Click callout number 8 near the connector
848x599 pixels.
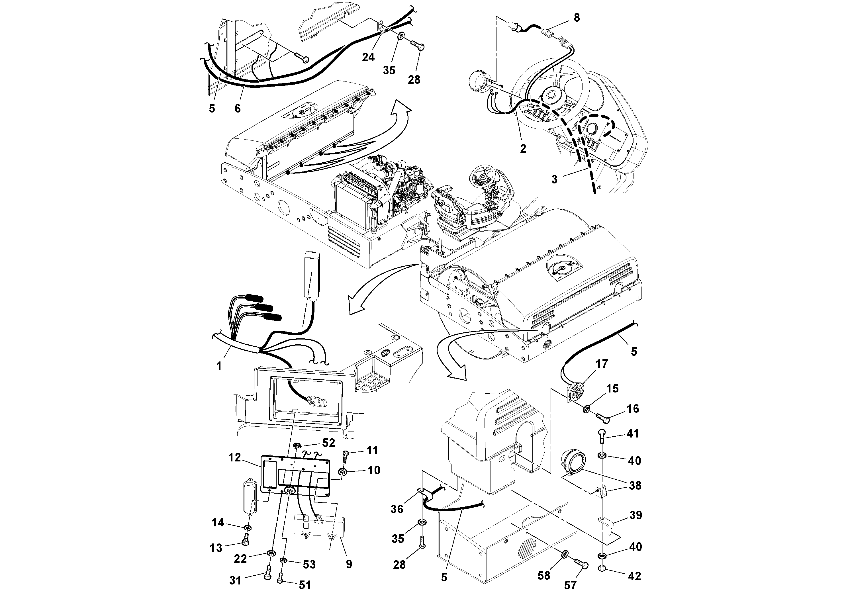pyautogui.click(x=577, y=17)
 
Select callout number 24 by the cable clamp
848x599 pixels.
pyautogui.click(x=368, y=57)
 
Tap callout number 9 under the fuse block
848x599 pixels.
pyautogui.click(x=349, y=564)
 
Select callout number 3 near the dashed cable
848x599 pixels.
pyautogui.click(x=554, y=179)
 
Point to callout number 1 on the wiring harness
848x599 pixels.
pyautogui.click(x=219, y=366)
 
